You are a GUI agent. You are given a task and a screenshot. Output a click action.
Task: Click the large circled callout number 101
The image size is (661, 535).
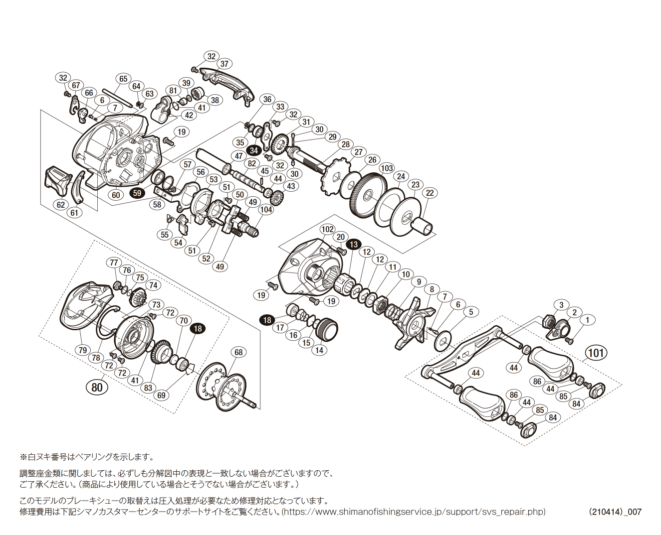(x=596, y=353)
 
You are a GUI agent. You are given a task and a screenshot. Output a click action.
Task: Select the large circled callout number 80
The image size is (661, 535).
(x=97, y=387)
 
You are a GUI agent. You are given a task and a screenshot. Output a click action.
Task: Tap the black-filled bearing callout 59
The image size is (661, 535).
(x=138, y=193)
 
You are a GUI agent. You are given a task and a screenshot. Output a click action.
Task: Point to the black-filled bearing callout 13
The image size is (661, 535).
(x=354, y=244)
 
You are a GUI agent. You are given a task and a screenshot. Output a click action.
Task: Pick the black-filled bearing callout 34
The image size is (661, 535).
(x=254, y=150)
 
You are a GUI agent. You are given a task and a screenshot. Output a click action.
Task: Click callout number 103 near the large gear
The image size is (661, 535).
(x=387, y=168)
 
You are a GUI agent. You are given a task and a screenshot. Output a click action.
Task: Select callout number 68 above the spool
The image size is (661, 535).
(x=238, y=352)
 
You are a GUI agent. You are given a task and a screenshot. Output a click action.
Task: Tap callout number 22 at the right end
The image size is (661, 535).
(x=430, y=193)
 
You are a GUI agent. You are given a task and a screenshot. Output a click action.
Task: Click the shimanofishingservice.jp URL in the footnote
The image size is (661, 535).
(x=414, y=512)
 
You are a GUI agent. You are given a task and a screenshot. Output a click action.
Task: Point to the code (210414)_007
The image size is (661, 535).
(x=615, y=512)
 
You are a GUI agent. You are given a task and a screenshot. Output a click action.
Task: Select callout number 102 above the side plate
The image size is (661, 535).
(x=327, y=229)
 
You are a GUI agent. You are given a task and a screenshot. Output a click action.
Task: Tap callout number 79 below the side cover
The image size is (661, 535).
(x=83, y=350)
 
